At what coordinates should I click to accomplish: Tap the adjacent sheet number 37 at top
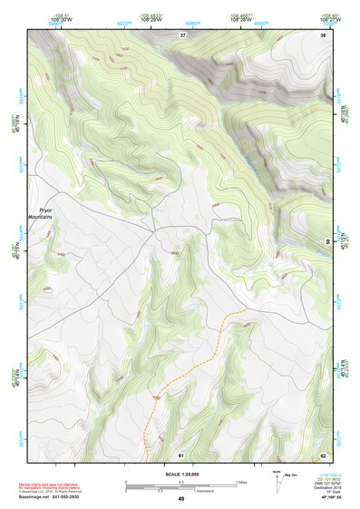click(x=182, y=34)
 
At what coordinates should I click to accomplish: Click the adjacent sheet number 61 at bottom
click(x=181, y=454)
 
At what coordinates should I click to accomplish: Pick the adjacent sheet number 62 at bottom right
click(x=323, y=454)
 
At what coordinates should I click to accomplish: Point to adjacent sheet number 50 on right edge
click(x=326, y=240)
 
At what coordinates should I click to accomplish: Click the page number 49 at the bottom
click(x=180, y=498)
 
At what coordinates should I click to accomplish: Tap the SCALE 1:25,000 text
click(x=180, y=474)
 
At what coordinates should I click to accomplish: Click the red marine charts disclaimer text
click(x=56, y=480)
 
